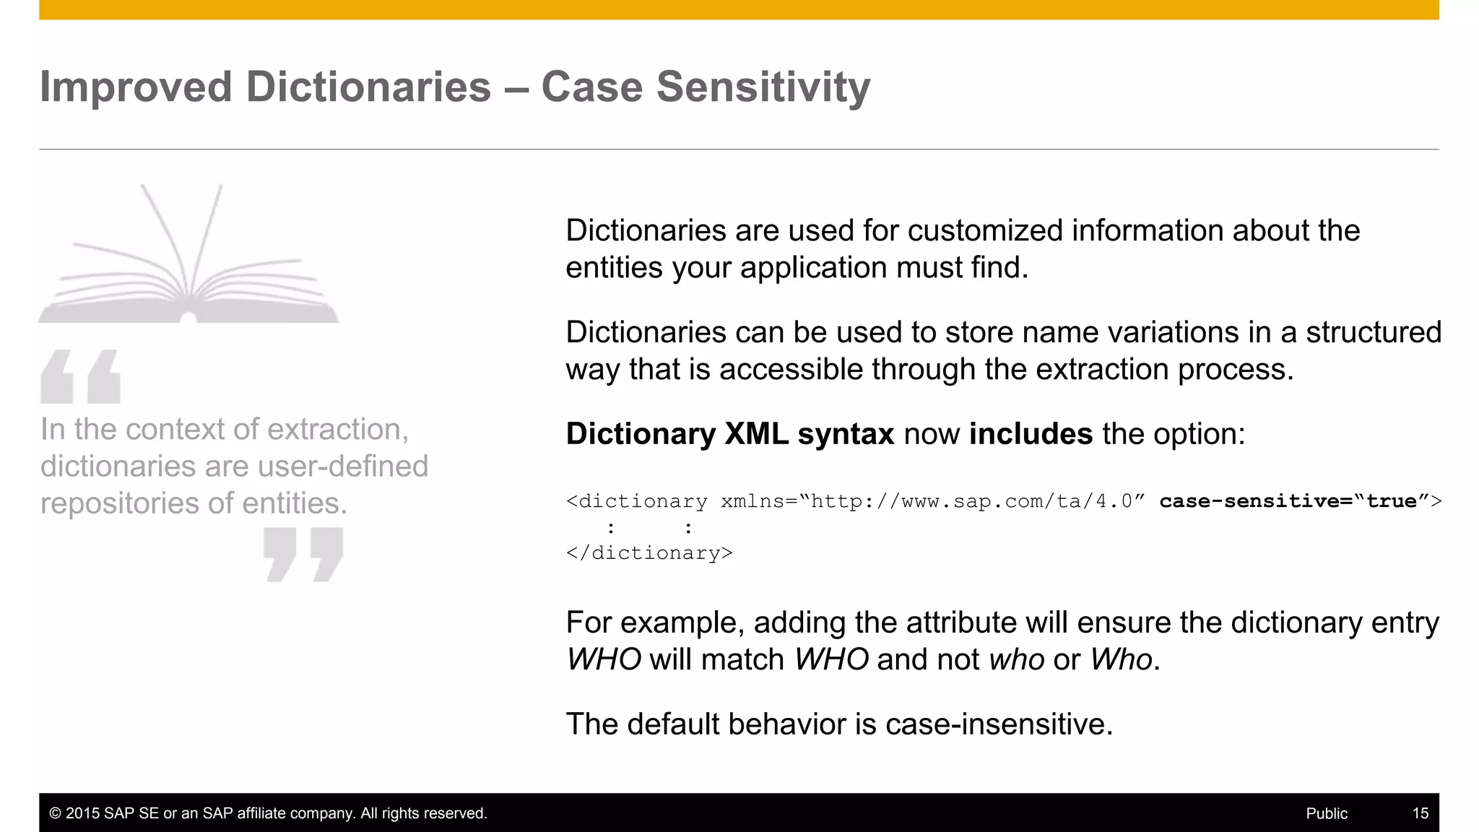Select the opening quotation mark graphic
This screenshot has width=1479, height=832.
(80, 376)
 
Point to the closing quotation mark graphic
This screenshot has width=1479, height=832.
(303, 554)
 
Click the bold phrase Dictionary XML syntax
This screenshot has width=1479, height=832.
(729, 434)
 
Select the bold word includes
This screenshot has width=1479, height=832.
(1031, 434)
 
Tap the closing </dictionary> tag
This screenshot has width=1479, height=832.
(649, 553)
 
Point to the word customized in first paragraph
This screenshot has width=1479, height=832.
(985, 231)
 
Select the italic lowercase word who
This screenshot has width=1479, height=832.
(1016, 660)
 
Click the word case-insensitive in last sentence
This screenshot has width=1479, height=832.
(998, 724)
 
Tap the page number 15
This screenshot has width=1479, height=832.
(1420, 813)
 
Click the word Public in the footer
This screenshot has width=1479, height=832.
(1326, 813)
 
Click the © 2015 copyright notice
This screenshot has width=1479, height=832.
(268, 813)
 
